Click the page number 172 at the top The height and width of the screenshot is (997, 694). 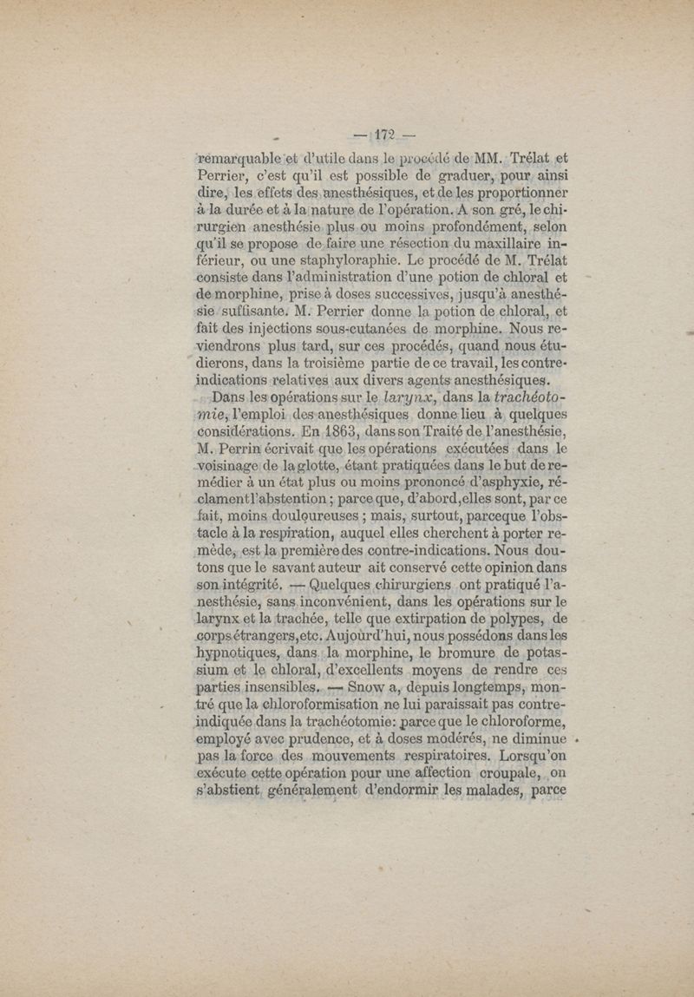point(382,134)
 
